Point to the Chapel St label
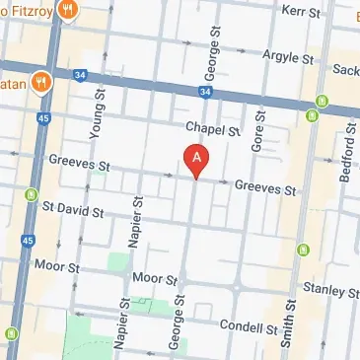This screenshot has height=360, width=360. pyautogui.click(x=213, y=129)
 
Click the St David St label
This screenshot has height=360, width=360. pyautogui.click(x=73, y=210)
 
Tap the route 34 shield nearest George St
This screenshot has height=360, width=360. pyautogui.click(x=204, y=92)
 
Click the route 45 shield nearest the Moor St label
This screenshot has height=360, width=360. pyautogui.click(x=29, y=240)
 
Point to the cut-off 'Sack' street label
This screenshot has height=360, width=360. pyautogui.click(x=346, y=70)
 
